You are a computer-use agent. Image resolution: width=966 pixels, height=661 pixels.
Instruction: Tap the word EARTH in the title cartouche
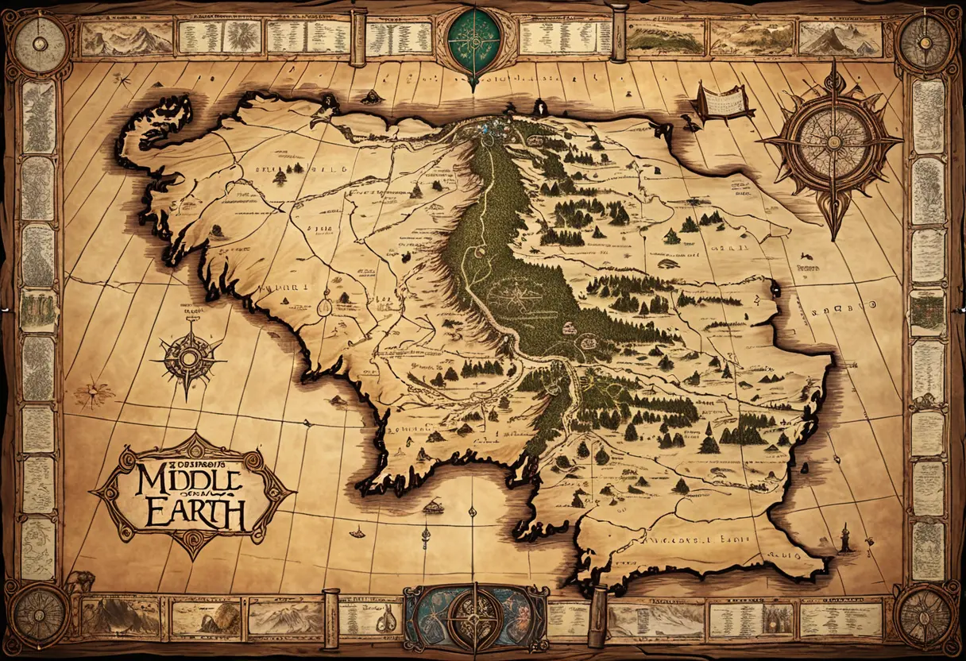[195, 513]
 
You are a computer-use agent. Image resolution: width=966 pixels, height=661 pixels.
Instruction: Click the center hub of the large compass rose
[832, 142]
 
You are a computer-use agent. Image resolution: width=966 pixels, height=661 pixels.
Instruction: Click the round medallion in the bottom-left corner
[38, 616]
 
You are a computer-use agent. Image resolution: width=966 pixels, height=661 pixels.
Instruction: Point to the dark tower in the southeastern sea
[847, 539]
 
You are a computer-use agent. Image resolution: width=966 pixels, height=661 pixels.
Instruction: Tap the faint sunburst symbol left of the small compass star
[95, 392]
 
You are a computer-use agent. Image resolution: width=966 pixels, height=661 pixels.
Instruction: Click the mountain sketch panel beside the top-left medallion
[127, 37]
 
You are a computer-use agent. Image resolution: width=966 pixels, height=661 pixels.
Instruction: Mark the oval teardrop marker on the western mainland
[325, 303]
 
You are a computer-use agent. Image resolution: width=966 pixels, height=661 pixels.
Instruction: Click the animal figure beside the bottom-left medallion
[79, 582]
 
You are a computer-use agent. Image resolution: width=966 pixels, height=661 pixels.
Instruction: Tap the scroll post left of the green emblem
[358, 37]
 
